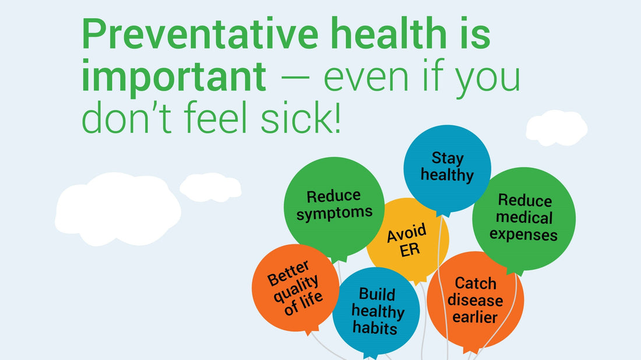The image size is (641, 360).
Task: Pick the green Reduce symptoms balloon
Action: tap(334, 205)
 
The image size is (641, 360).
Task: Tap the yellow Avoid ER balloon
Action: tap(407, 240)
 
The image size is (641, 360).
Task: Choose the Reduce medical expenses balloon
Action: tap(523, 218)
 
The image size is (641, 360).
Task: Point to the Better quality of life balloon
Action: tap(295, 288)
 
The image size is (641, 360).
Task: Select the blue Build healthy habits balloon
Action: tap(376, 311)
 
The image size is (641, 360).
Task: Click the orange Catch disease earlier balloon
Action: tap(475, 300)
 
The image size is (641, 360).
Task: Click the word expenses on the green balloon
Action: tap(523, 235)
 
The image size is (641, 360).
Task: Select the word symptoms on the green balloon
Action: tap(334, 213)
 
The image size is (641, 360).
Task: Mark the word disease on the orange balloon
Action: tap(475, 301)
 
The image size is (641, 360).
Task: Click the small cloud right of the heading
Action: tap(557, 127)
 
